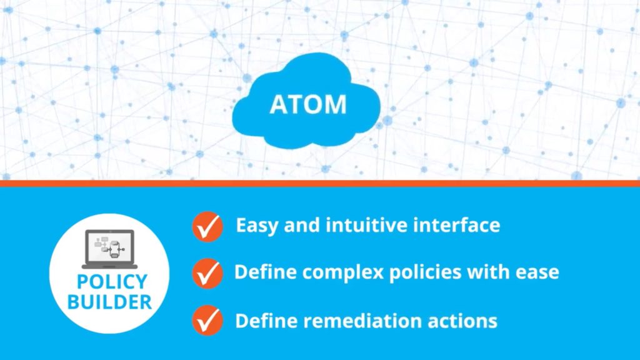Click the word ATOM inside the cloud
tap(308, 104)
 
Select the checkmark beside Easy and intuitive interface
tap(207, 226)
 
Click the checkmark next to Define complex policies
tap(207, 274)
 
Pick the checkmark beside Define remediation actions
tap(207, 321)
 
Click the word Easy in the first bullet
tap(257, 226)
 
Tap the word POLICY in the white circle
tap(112, 282)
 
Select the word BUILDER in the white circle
tap(109, 302)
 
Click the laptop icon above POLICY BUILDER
tap(109, 249)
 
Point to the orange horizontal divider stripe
tap(320, 183)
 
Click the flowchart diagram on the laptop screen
tap(109, 247)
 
